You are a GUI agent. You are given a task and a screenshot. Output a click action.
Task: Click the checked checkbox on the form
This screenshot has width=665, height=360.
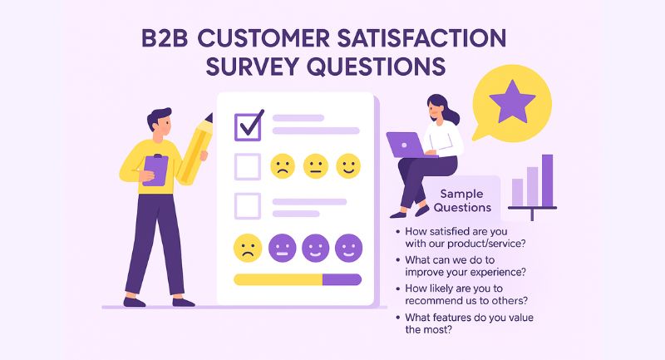(x=249, y=125)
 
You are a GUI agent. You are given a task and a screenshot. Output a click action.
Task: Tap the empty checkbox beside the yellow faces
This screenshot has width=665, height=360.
(x=248, y=166)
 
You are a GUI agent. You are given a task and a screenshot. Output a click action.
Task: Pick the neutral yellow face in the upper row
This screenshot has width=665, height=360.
(x=316, y=166)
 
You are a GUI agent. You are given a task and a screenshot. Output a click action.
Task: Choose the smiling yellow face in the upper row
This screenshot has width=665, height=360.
(x=348, y=166)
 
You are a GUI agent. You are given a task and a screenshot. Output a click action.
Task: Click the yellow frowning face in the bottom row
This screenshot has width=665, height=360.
(x=248, y=247)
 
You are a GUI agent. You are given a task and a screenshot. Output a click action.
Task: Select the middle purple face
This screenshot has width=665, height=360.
(x=316, y=247)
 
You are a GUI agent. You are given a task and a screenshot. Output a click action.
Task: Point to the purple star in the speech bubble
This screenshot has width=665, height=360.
(x=505, y=102)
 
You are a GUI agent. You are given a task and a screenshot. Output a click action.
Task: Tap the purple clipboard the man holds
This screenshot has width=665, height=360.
(x=155, y=168)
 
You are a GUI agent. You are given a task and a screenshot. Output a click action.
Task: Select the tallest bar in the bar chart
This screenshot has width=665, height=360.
(x=547, y=178)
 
